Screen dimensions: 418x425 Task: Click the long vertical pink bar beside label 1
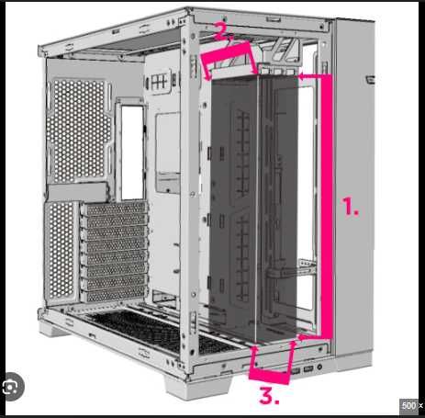(x=328, y=207)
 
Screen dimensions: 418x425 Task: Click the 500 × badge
(x=410, y=405)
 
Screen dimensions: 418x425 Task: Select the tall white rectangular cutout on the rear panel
(x=132, y=152)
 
